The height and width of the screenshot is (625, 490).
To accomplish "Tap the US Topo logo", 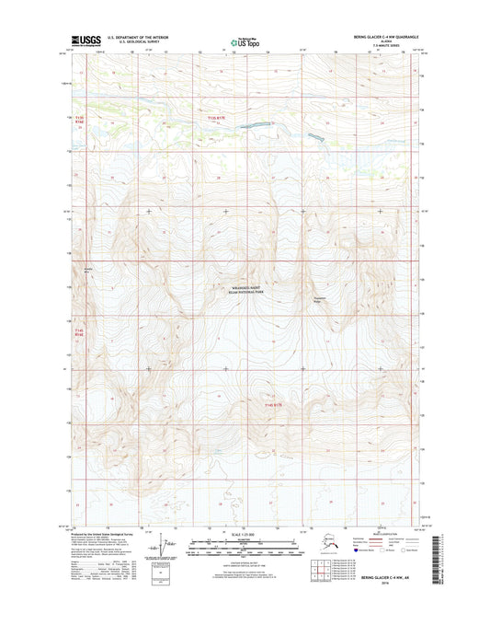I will (x=245, y=41).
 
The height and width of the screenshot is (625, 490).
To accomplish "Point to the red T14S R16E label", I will (x=79, y=334).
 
